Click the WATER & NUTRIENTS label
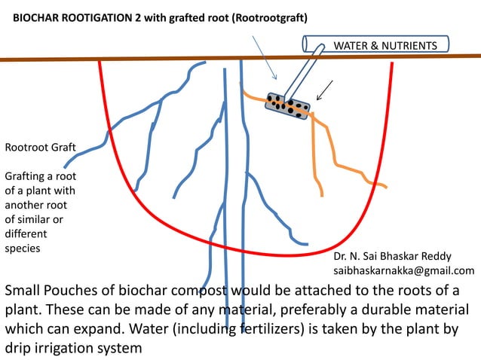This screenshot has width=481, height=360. pyautogui.click(x=384, y=47)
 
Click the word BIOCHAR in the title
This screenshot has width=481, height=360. pyautogui.click(x=38, y=17)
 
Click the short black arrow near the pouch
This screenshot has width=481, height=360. pyautogui.click(x=325, y=90)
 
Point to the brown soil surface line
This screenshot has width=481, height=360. pyautogui.click(x=151, y=59)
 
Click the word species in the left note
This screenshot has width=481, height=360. pyautogui.click(x=23, y=246)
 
